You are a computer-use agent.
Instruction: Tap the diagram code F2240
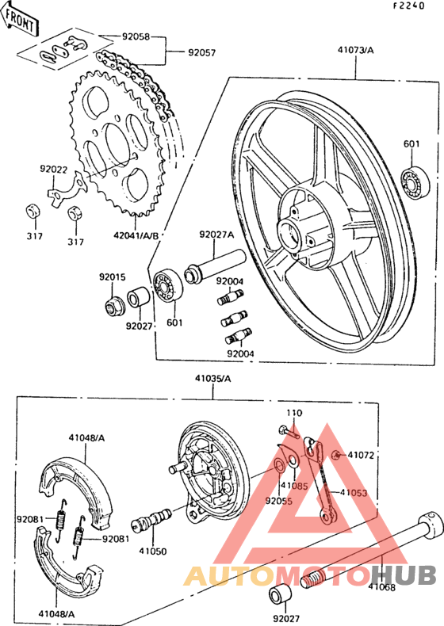(x=408, y=6)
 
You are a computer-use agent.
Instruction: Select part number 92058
(x=136, y=36)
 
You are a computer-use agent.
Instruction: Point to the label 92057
(x=202, y=52)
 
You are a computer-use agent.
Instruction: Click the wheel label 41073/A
(x=356, y=50)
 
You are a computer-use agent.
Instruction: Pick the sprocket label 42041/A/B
(x=136, y=235)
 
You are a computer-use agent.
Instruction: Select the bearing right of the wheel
(x=416, y=181)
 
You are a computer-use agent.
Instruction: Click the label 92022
(x=53, y=169)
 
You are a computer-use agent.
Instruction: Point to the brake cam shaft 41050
(x=152, y=520)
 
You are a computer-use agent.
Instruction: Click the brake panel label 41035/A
(x=213, y=379)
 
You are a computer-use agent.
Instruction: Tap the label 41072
(x=361, y=455)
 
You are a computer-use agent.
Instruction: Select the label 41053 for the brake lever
(x=354, y=493)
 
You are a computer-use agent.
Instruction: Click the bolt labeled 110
(x=289, y=432)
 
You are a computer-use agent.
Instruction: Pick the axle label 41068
(x=381, y=587)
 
